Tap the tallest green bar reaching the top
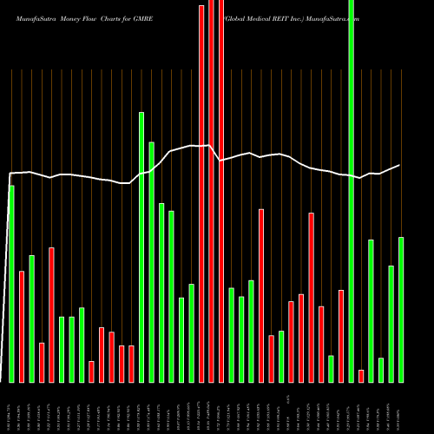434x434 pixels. [x=352, y=191]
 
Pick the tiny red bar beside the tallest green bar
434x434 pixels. [x=361, y=376]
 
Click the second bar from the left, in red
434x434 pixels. [x=22, y=326]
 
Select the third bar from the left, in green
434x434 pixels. [x=32, y=319]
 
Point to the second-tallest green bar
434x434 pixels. [x=141, y=247]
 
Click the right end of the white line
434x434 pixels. [x=400, y=165]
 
